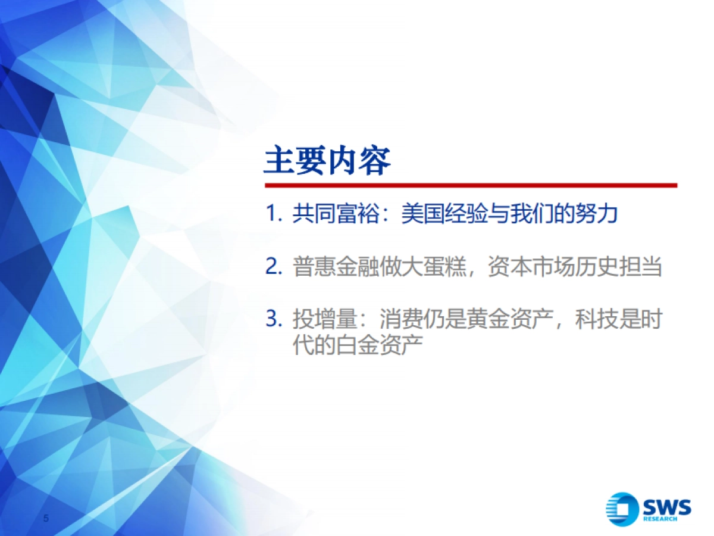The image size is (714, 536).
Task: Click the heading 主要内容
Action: pos(327,161)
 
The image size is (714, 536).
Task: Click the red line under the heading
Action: pos(470,185)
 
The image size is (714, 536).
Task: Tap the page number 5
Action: pos(46,518)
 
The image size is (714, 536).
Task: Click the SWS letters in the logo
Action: pos(666,507)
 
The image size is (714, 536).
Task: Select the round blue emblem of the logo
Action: pos(622,509)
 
